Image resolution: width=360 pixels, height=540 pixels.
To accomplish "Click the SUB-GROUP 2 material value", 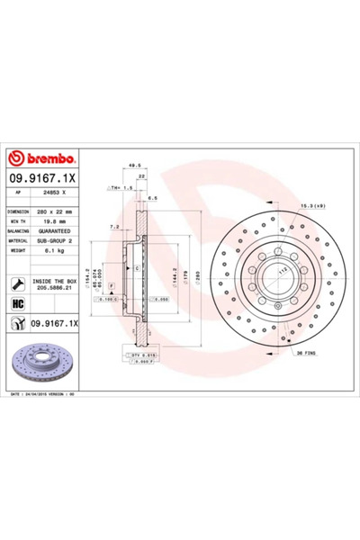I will click(x=64, y=241).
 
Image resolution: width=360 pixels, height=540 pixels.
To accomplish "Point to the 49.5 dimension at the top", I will click(x=136, y=165).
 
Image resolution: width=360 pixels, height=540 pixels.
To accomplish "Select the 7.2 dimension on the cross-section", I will click(x=112, y=227).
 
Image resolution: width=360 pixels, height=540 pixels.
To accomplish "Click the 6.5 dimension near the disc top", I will click(x=152, y=197).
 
